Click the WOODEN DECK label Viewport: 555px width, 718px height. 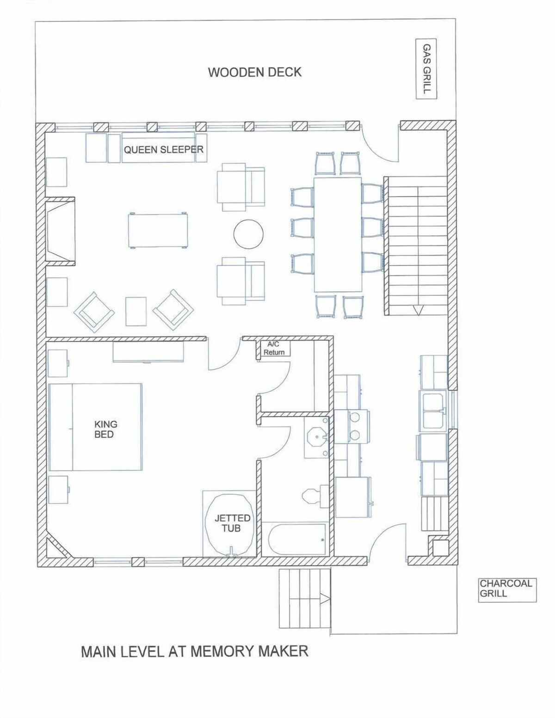tap(255, 73)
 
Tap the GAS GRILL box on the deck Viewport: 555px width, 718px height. tap(426, 69)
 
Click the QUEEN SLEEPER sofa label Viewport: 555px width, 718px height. tap(164, 150)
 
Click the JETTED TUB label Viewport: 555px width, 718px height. tap(232, 523)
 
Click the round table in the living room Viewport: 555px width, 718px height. tap(248, 234)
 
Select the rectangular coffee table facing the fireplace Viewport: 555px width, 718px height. tap(158, 231)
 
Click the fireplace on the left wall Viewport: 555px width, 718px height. tap(61, 231)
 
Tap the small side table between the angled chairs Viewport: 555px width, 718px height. tap(136, 311)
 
